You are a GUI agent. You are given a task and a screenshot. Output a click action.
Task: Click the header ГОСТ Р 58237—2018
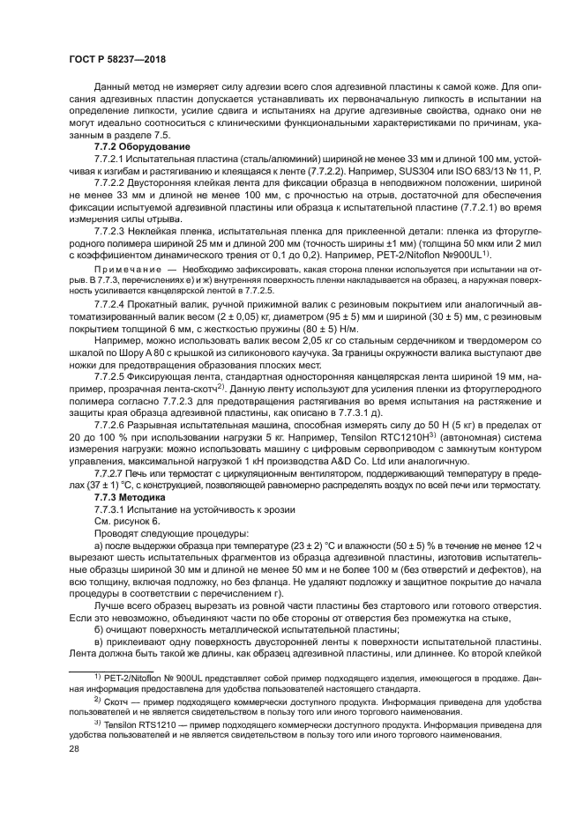tap(117, 59)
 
